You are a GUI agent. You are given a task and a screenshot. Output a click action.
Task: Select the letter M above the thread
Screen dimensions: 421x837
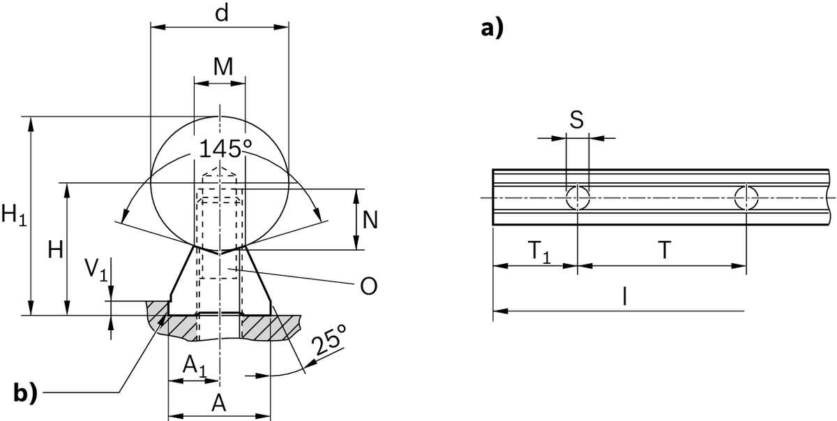(222, 67)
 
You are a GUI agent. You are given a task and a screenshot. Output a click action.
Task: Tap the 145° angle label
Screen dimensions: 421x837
(225, 149)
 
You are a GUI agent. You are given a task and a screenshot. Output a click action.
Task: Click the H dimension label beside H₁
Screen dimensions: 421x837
(55, 250)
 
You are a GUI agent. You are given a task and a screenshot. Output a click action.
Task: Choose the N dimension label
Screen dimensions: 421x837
(371, 221)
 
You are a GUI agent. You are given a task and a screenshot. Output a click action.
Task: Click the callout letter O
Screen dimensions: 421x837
(370, 286)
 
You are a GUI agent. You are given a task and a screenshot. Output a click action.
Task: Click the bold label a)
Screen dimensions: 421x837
(492, 29)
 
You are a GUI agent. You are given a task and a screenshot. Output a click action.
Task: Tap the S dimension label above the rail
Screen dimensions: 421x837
(576, 120)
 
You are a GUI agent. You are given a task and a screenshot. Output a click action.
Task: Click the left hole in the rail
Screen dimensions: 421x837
(578, 198)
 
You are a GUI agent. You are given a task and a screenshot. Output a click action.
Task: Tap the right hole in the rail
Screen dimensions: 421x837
(746, 198)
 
